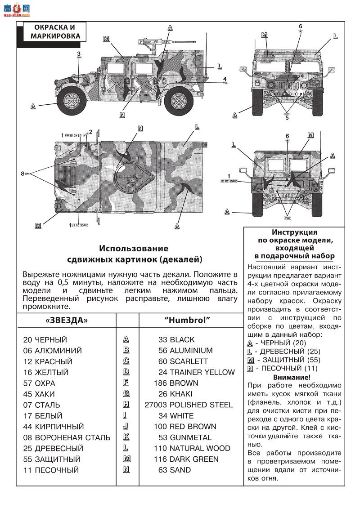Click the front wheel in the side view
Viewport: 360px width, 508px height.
coord(72,101)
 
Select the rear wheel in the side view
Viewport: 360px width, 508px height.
coord(180,101)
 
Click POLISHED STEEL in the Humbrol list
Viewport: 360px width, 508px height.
coord(201,405)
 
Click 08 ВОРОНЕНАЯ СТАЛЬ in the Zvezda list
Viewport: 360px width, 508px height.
coord(67,437)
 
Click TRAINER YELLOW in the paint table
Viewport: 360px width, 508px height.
coord(202,372)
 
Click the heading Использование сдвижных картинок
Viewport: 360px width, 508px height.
coord(134,254)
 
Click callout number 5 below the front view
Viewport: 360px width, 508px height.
coord(287,118)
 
